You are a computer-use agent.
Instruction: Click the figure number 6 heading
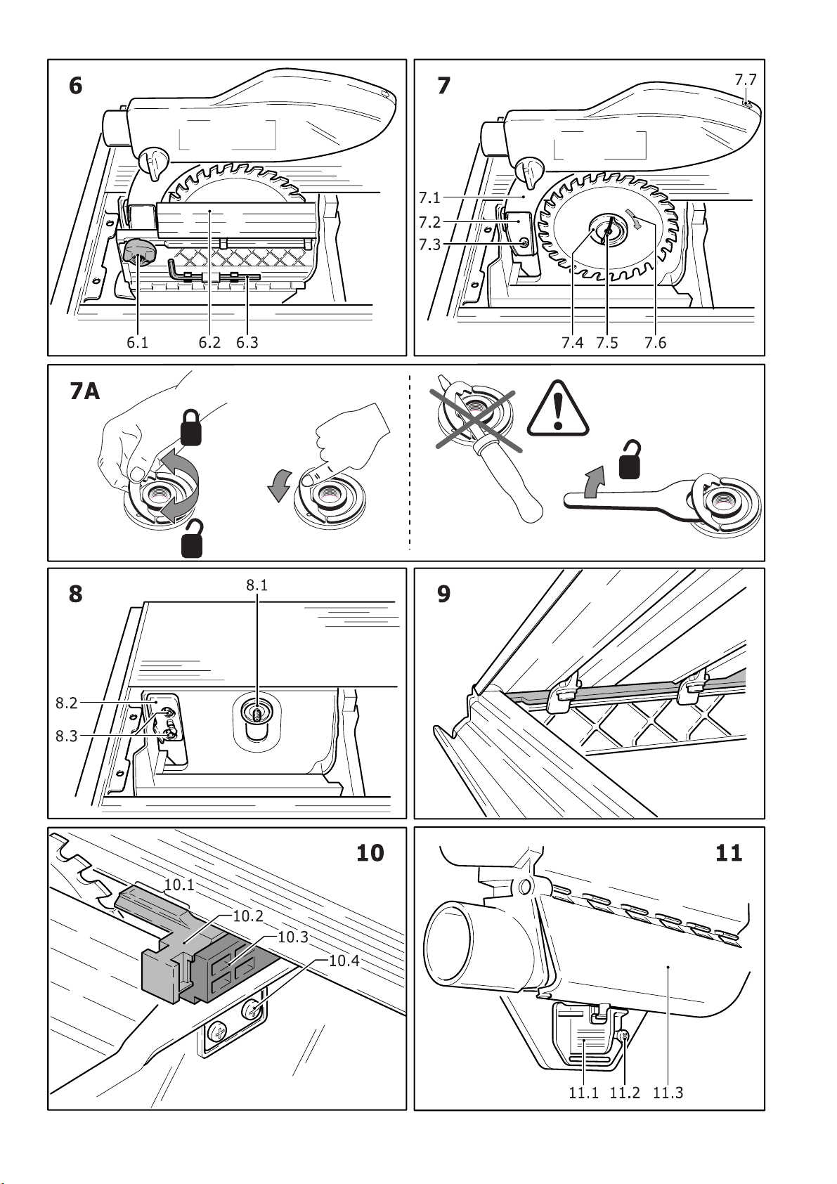pyautogui.click(x=75, y=86)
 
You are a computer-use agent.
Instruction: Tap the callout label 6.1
pyautogui.click(x=137, y=343)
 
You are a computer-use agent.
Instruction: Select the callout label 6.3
pyautogui.click(x=247, y=343)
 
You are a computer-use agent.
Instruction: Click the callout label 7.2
pyautogui.click(x=430, y=222)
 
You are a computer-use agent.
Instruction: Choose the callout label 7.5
pyautogui.click(x=607, y=343)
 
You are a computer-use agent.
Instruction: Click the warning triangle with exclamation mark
pyautogui.click(x=558, y=410)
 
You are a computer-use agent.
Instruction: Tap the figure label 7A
pyautogui.click(x=85, y=391)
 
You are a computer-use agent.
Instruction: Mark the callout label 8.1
pyautogui.click(x=257, y=585)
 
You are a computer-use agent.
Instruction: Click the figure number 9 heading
pyautogui.click(x=443, y=594)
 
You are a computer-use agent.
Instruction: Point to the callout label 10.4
pyautogui.click(x=344, y=961)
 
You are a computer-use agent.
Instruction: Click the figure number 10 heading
pyautogui.click(x=370, y=853)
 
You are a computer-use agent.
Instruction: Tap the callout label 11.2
pyautogui.click(x=625, y=1093)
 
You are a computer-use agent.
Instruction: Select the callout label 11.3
pyautogui.click(x=668, y=1093)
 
